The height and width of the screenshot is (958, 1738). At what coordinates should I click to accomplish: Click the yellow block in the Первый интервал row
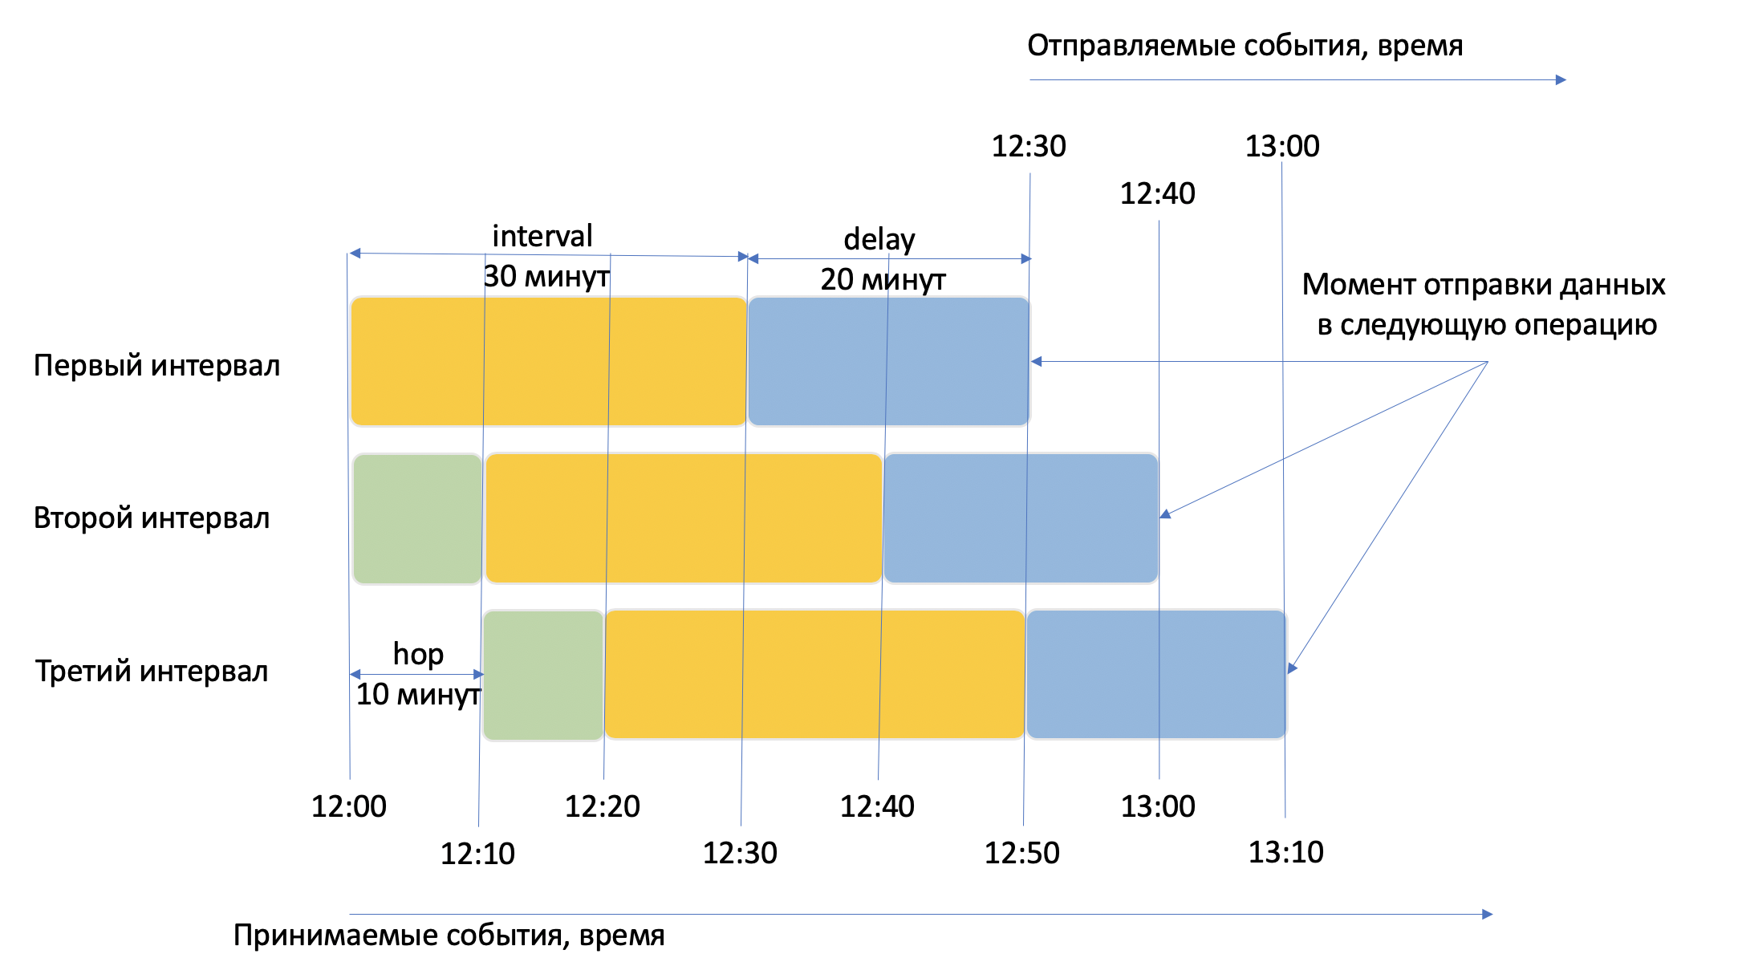[548, 361]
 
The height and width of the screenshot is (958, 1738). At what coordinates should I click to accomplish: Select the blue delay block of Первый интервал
[888, 361]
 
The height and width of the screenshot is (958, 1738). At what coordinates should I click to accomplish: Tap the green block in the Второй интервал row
[417, 518]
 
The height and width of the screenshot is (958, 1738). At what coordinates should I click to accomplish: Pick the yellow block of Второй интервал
[684, 518]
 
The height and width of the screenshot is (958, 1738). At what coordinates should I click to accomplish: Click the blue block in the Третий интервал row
[1155, 674]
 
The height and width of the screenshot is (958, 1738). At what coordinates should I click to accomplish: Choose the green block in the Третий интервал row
[543, 674]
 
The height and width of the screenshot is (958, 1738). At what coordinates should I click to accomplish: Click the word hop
[418, 654]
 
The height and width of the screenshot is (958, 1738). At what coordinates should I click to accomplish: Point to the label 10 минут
[418, 694]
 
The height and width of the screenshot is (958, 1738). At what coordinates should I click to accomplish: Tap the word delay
[879, 239]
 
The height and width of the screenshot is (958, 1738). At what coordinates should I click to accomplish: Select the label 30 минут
[546, 277]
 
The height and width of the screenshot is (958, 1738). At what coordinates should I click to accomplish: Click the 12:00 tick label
[349, 806]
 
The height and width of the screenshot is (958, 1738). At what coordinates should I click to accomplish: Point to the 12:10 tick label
[477, 854]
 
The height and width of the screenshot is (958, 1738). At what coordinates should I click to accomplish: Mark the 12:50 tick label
[1021, 853]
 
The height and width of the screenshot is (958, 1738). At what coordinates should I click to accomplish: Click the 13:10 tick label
[1285, 852]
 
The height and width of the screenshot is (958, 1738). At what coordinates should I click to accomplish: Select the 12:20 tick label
[603, 806]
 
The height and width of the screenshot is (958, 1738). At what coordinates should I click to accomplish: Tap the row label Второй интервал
[152, 518]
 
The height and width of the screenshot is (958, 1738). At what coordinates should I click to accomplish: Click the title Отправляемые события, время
[1245, 46]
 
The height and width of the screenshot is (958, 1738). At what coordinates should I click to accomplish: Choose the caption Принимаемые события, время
[449, 936]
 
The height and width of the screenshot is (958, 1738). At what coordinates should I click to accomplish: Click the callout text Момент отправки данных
[1484, 285]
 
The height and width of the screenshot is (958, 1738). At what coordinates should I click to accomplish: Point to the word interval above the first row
[542, 236]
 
